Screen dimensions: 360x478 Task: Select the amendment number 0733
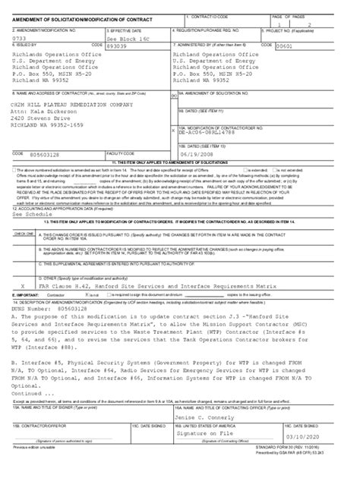15,36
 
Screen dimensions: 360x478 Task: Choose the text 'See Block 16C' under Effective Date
125,36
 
